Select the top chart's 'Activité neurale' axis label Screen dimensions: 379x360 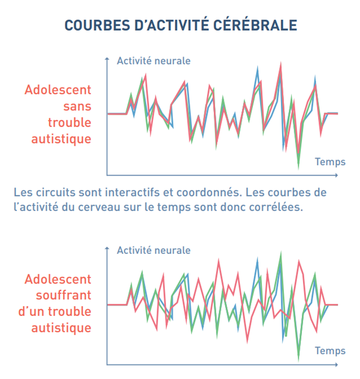pos(154,61)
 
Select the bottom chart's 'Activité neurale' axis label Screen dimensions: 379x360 pos(154,251)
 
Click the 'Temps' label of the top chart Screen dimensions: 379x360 pos(330,162)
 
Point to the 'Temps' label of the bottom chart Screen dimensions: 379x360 pos(330,351)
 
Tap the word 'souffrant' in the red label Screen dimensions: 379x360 pos(64,295)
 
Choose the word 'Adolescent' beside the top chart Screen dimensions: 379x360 pos(58,90)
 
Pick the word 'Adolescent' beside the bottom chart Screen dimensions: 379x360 pos(58,279)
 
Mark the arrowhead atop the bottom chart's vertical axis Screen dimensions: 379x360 pos(107,248)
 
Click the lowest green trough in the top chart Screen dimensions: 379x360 pos(298,168)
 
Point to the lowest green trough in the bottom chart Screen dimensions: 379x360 pos(298,360)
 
